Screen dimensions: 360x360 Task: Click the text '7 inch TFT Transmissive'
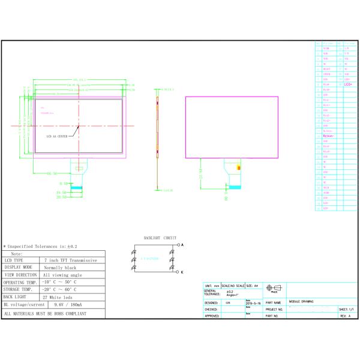(x=70, y=260)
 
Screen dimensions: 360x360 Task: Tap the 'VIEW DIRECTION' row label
(x=21, y=275)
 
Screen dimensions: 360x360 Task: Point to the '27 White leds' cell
(x=58, y=297)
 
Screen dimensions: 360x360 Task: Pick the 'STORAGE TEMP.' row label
(x=21, y=290)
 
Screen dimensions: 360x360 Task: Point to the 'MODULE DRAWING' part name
(x=301, y=301)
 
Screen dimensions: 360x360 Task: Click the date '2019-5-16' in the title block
(x=252, y=304)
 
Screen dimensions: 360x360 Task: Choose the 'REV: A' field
(x=345, y=316)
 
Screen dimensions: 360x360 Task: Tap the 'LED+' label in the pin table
(x=348, y=85)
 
